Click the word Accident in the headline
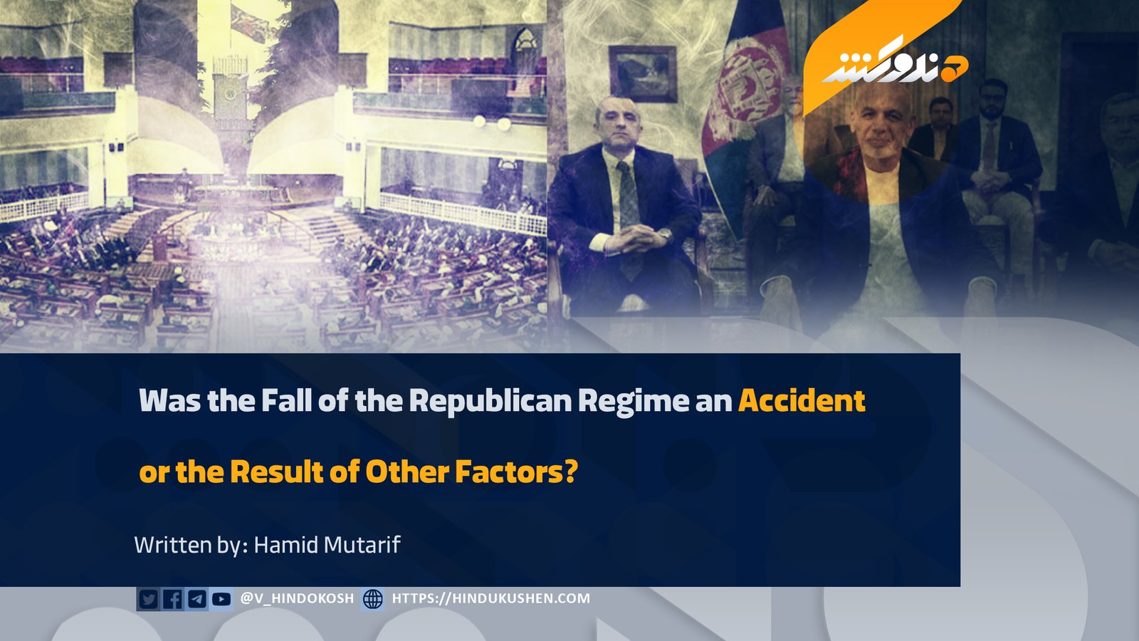pyautogui.click(x=802, y=401)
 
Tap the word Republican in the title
pyautogui.click(x=490, y=402)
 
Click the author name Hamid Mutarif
pyautogui.click(x=327, y=545)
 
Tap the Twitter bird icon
pyautogui.click(x=148, y=599)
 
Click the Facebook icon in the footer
pyautogui.click(x=172, y=599)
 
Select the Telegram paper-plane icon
pyautogui.click(x=196, y=599)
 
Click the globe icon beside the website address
pyautogui.click(x=373, y=599)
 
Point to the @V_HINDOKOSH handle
pyautogui.click(x=296, y=598)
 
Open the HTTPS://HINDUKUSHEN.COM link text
pyautogui.click(x=490, y=598)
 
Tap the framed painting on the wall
pyautogui.click(x=643, y=74)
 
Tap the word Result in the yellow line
pyautogui.click(x=276, y=471)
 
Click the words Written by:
pyautogui.click(x=191, y=545)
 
